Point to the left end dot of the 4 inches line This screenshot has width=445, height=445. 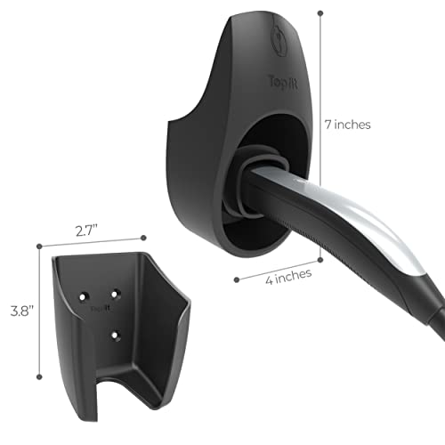click(237, 279)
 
